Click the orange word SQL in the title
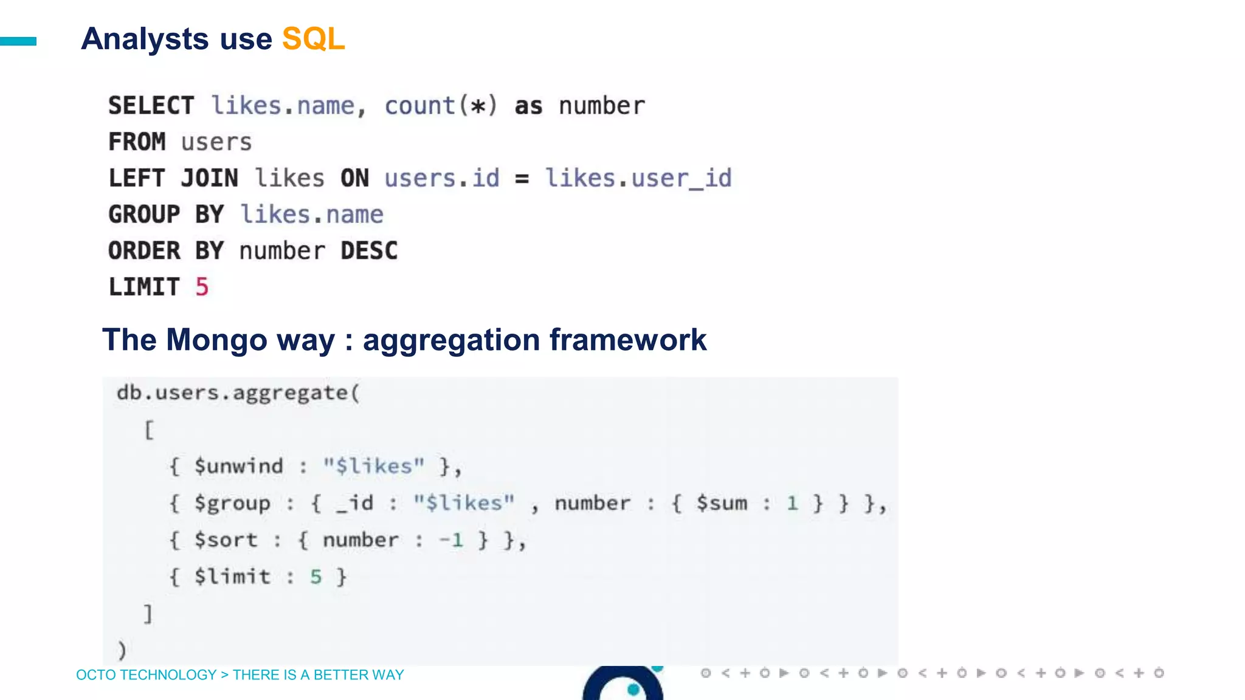tap(313, 39)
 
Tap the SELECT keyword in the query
tap(151, 106)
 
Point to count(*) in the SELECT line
tap(441, 106)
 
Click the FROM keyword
tap(137, 142)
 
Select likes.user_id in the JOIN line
tap(638, 178)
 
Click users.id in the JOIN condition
tap(442, 178)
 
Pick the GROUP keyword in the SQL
tap(144, 214)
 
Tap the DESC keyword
tap(369, 251)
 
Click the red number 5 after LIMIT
tap(202, 287)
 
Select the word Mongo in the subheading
tap(216, 340)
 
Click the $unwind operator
tap(238, 466)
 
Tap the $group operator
tap(232, 503)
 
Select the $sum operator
tap(722, 503)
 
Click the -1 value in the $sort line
tap(451, 540)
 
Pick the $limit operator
tap(232, 576)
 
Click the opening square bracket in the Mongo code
tap(149, 430)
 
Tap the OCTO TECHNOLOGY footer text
tap(146, 674)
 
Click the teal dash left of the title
tap(18, 41)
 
